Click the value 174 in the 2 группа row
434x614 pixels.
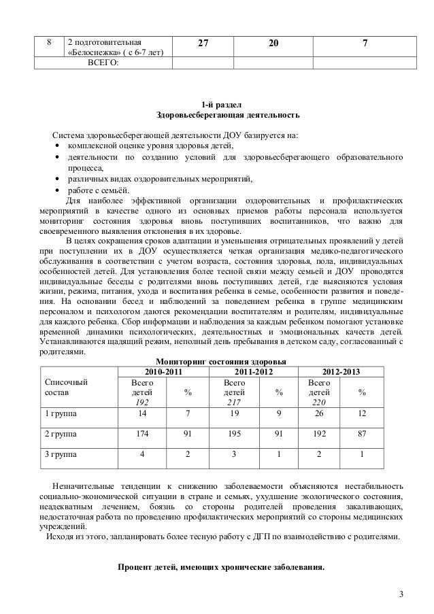pyautogui.click(x=142, y=432)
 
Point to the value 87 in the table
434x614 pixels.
pyautogui.click(x=362, y=432)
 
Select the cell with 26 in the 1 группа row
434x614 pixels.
pyautogui.click(x=318, y=412)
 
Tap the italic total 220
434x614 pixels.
pyautogui.click(x=318, y=401)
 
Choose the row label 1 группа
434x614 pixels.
pyautogui.click(x=61, y=412)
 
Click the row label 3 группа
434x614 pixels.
pyautogui.click(x=61, y=454)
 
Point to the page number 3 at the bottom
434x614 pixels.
pyautogui.click(x=401, y=596)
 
